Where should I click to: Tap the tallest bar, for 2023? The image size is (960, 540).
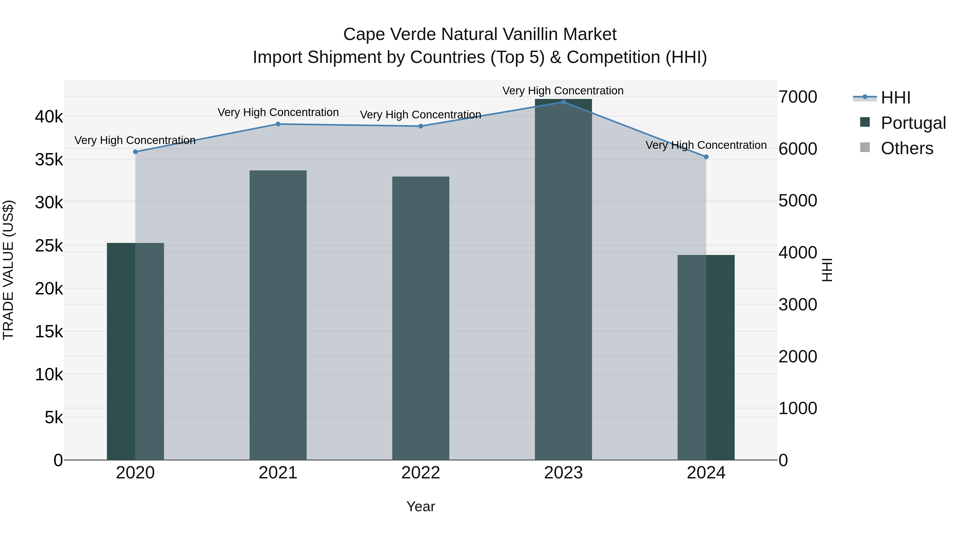pos(563,279)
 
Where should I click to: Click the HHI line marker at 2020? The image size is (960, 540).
pos(135,152)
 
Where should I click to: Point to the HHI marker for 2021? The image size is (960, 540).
pos(278,124)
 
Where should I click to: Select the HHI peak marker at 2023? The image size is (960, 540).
pos(563,102)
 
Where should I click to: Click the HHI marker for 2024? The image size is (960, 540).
pos(706,157)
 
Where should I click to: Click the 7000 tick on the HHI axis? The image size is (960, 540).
pos(798,97)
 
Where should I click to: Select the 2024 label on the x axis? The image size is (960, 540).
pos(706,473)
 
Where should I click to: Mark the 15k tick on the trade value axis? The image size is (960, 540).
pos(49,331)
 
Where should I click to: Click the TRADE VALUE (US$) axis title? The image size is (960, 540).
pos(8,270)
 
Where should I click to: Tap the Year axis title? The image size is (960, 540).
pos(421,506)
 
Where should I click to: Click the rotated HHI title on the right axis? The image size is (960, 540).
pos(827,270)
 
